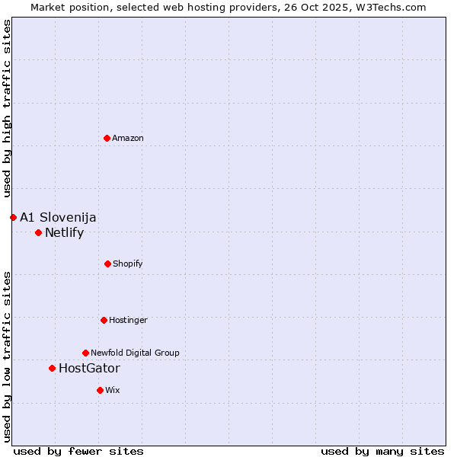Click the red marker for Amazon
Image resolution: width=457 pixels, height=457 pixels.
(107, 138)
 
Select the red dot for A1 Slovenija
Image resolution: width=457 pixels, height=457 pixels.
(13, 217)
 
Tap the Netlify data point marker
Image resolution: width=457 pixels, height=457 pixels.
(38, 232)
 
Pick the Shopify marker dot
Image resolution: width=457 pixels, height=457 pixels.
(107, 264)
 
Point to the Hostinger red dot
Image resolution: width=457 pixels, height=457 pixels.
(104, 320)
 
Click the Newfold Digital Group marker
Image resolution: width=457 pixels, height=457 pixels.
(85, 353)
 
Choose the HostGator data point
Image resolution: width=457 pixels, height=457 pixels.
(52, 368)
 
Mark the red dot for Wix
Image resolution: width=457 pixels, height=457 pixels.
(100, 390)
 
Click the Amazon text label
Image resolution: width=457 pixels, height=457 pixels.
(128, 138)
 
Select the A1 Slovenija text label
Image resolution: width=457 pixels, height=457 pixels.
(58, 217)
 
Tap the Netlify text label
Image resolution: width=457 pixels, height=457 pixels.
(64, 232)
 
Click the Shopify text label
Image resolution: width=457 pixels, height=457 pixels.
(128, 264)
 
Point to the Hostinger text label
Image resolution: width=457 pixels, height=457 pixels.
(128, 320)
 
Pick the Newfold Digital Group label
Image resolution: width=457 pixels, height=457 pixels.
(135, 353)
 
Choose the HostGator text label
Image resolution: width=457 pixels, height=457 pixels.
(89, 368)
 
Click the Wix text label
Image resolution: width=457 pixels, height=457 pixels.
(113, 390)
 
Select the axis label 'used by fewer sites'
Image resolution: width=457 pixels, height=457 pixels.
(78, 451)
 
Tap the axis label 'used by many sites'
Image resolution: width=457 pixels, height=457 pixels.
(382, 451)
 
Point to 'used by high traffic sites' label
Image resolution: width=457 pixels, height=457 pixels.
(7, 108)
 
